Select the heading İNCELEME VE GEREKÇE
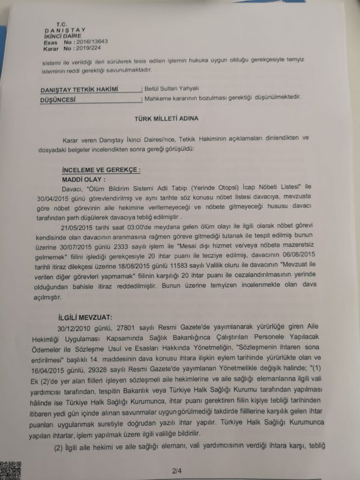click(101, 170)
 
